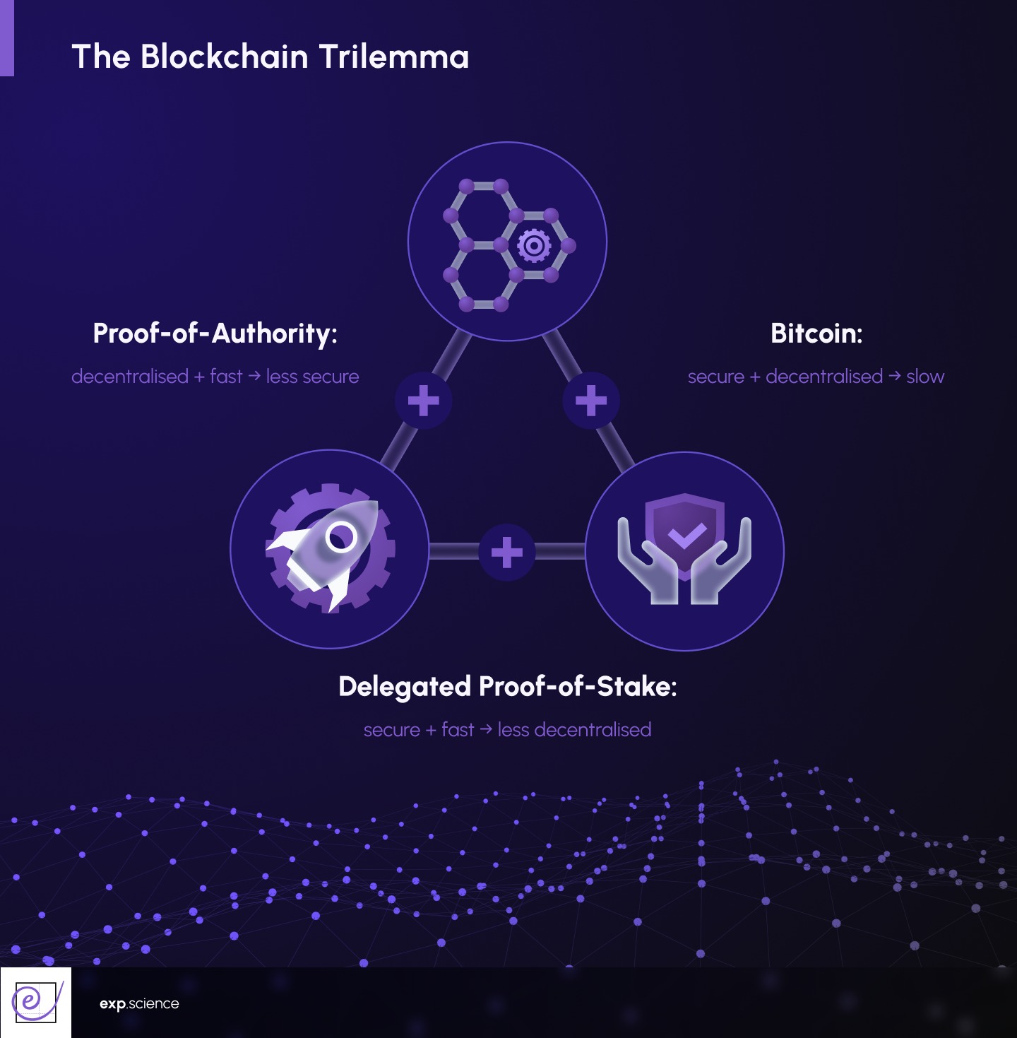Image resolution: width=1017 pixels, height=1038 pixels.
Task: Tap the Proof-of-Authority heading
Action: click(x=215, y=333)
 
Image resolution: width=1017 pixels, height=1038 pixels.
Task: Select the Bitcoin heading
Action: click(x=816, y=333)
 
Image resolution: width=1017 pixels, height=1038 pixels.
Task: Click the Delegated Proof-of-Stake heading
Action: click(x=507, y=686)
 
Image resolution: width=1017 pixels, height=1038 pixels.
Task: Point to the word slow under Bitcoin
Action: click(x=925, y=377)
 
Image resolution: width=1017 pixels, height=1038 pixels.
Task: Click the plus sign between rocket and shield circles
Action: click(x=506, y=552)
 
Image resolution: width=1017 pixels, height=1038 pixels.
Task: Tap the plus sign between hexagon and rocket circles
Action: click(x=424, y=401)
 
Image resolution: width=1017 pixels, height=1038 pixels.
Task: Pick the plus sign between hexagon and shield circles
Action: click(x=591, y=401)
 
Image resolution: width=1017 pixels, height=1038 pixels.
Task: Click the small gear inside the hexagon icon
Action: click(x=534, y=245)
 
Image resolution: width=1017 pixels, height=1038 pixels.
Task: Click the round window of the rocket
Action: click(x=342, y=537)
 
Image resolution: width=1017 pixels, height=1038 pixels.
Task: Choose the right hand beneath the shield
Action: click(x=723, y=565)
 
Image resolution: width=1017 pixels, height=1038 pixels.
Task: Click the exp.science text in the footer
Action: click(x=139, y=1004)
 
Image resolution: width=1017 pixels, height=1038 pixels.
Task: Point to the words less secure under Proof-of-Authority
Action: click(x=312, y=377)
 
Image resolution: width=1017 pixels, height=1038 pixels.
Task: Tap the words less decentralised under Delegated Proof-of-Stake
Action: click(x=574, y=730)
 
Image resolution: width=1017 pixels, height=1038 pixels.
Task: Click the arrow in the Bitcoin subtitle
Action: click(x=894, y=376)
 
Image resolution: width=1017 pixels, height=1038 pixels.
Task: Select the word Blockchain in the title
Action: click(x=225, y=57)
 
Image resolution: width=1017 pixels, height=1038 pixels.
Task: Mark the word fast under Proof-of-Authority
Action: click(x=226, y=377)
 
